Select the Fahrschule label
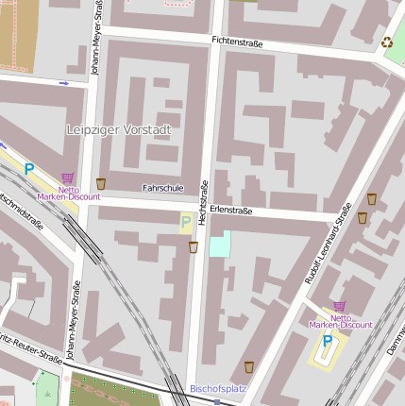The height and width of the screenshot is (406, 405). pyautogui.click(x=162, y=188)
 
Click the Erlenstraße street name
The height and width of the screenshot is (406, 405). pyautogui.click(x=231, y=211)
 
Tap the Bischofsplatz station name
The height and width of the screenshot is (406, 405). pyautogui.click(x=218, y=388)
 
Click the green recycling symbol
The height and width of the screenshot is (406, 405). pyautogui.click(x=386, y=42)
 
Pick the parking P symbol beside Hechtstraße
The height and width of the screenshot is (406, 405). pyautogui.click(x=186, y=223)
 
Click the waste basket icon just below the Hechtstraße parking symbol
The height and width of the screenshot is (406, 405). pyautogui.click(x=194, y=247)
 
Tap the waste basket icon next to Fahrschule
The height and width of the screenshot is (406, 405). pyautogui.click(x=101, y=183)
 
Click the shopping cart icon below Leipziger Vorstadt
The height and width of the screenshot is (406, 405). pyautogui.click(x=67, y=177)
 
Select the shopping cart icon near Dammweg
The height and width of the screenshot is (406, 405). pyautogui.click(x=339, y=307)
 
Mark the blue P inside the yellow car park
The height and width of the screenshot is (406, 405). pyautogui.click(x=327, y=340)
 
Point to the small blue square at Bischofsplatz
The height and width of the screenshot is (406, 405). pyautogui.click(x=217, y=401)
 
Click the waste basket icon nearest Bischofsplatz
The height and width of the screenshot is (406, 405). pyautogui.click(x=249, y=366)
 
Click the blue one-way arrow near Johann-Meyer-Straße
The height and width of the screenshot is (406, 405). pyautogui.click(x=64, y=83)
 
